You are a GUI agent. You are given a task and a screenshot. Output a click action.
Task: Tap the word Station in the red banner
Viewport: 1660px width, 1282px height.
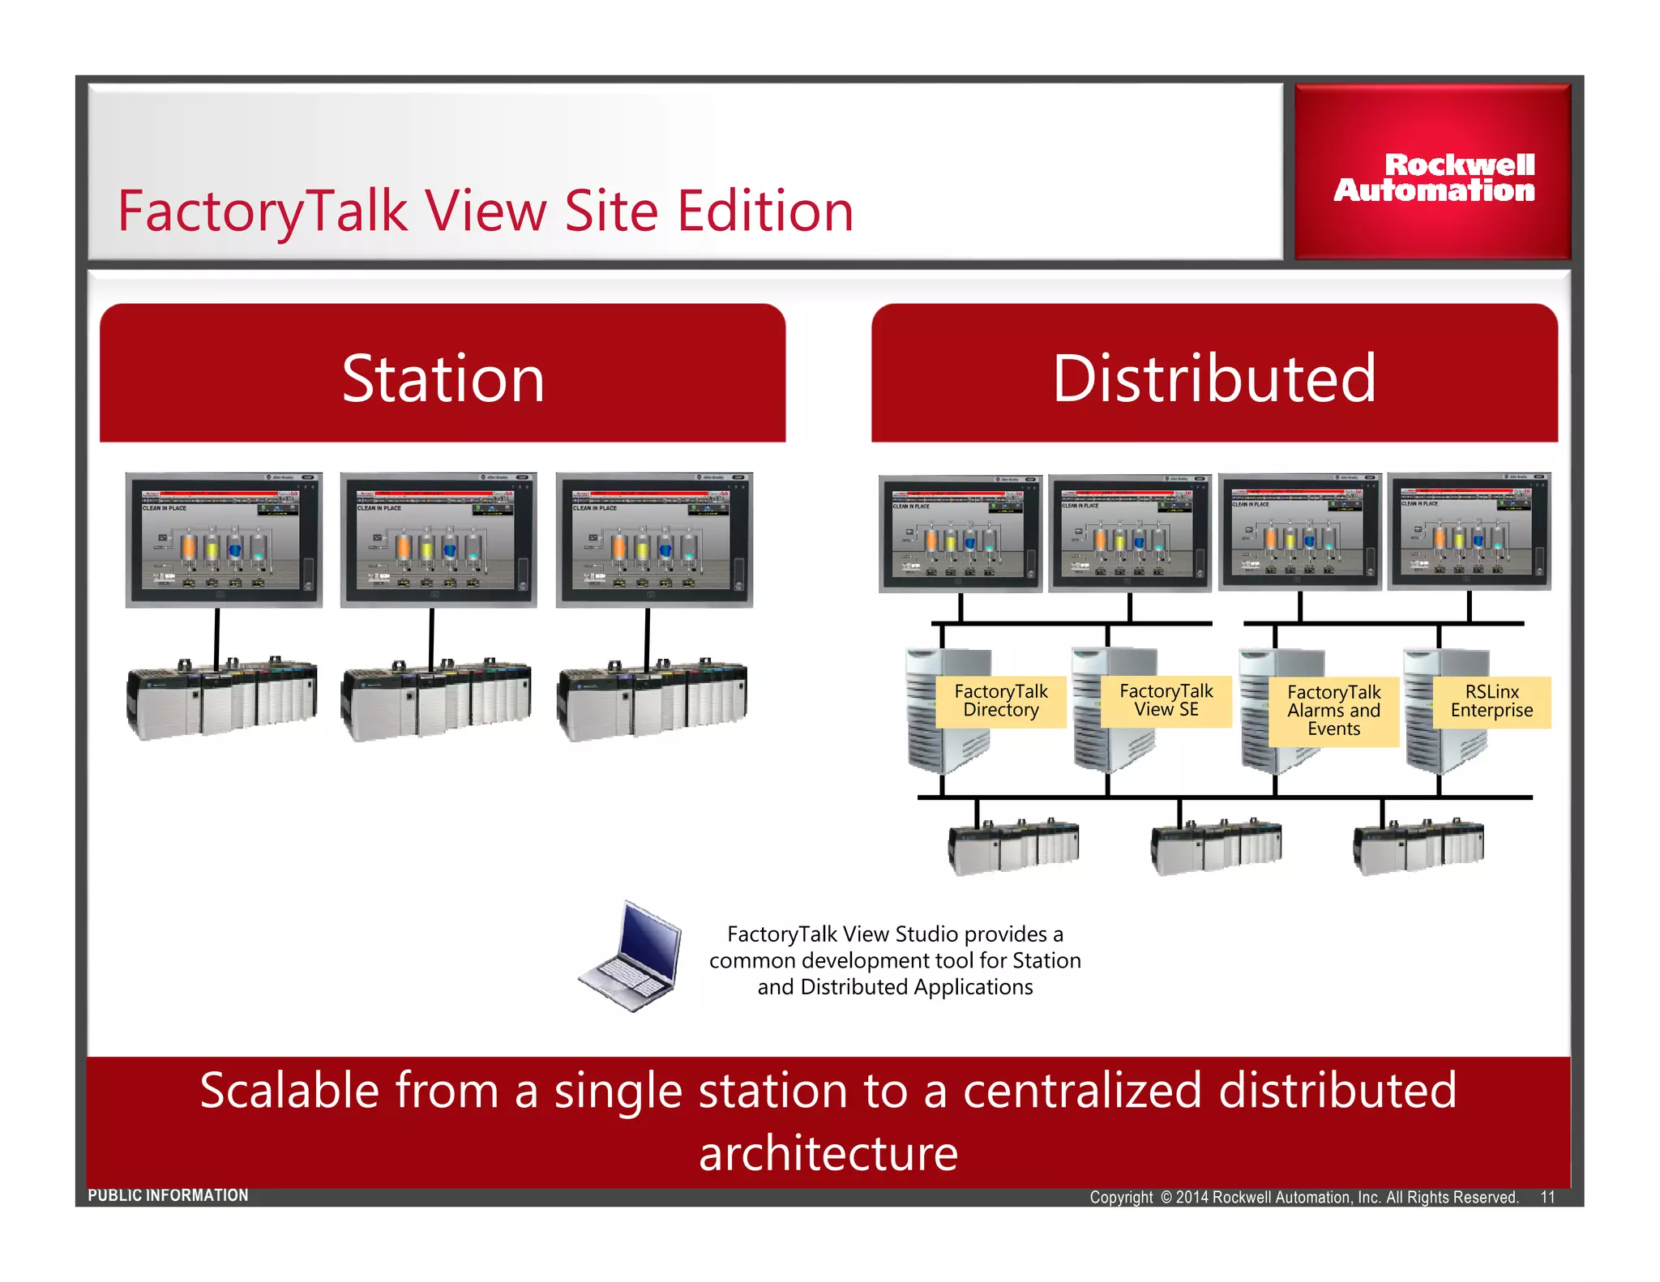(x=443, y=378)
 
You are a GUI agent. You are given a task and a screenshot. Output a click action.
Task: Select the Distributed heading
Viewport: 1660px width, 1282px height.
(x=1214, y=378)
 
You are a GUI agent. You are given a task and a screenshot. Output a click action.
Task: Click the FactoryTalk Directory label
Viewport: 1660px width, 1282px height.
(x=1000, y=701)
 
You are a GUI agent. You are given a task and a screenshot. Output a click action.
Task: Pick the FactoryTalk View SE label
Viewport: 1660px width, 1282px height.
(x=1166, y=700)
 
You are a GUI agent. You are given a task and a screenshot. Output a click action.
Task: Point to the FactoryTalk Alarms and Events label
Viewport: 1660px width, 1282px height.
(x=1333, y=710)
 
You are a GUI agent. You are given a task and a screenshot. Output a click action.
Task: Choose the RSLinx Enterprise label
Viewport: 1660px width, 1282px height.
(x=1491, y=701)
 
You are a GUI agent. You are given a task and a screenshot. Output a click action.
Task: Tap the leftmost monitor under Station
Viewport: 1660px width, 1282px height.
(x=224, y=540)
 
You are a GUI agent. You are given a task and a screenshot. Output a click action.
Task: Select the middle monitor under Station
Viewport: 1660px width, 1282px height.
(x=439, y=540)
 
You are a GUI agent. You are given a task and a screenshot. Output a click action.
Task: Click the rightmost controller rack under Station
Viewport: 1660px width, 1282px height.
(x=652, y=699)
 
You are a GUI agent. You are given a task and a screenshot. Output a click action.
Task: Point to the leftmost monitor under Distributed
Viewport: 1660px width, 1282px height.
(x=960, y=533)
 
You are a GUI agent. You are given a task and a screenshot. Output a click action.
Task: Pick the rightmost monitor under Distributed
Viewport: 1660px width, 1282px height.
(x=1469, y=532)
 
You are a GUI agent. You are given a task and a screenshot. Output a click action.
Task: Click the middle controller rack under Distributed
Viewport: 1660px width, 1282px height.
(x=1216, y=845)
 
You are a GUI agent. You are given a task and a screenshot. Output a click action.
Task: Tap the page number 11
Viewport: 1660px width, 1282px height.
(x=1547, y=1197)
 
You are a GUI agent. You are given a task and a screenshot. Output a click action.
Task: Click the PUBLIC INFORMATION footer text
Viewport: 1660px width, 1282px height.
(x=168, y=1195)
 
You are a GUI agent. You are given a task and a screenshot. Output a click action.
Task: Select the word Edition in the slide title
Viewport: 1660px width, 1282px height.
(x=765, y=211)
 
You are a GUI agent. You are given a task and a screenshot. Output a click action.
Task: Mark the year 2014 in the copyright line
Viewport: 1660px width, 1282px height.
(x=1192, y=1197)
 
